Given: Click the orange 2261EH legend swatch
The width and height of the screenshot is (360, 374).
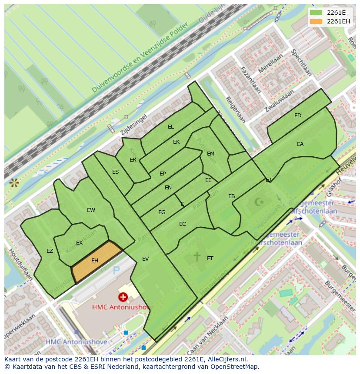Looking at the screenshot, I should point(317,21).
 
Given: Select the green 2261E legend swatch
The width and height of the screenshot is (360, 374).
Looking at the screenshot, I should point(317,13).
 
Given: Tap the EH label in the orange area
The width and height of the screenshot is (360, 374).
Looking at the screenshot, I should point(95,261).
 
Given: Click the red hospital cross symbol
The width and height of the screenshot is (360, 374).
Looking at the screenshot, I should point(123,297).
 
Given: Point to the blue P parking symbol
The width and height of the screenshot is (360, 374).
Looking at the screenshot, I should point(116,271).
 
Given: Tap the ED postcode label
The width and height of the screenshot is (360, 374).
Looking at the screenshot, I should point(298,116).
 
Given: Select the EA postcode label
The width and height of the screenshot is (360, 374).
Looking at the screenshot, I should point(300,144).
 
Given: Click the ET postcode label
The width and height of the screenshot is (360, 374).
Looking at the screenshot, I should point(210,258).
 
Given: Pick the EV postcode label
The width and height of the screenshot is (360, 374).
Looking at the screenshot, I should point(146,259).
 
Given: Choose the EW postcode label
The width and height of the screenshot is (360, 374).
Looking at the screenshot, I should point(91,210).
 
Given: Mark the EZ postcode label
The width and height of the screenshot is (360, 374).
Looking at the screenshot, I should point(50,251).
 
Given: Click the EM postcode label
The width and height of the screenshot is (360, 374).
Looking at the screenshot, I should point(210,154).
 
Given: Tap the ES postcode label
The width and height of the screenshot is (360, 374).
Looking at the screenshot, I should point(115,172).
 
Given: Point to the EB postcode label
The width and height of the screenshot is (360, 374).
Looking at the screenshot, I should point(232,196).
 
